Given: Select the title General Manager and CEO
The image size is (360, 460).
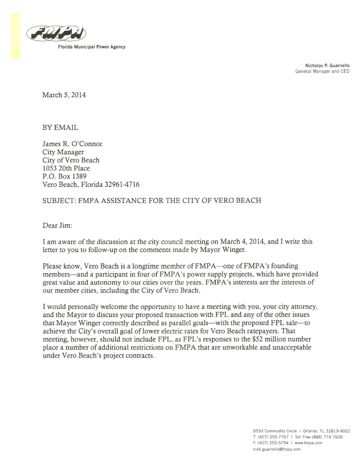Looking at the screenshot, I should [x=322, y=72].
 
